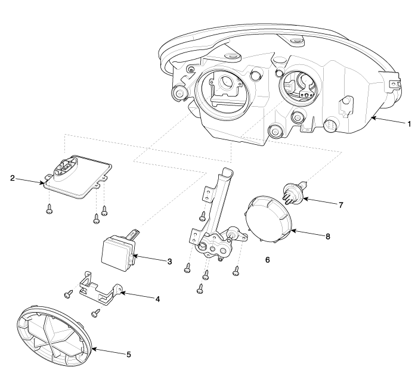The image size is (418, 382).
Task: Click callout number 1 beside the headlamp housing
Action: pos(409,125)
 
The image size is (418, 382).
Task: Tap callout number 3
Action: pos(170,261)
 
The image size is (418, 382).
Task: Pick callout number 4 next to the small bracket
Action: pos(157,299)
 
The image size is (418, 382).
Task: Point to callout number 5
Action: pos(129,355)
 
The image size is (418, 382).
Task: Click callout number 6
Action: pos(268,260)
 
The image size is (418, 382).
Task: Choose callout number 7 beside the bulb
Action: pos(340,205)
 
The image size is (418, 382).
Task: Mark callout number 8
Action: pos(327,236)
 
